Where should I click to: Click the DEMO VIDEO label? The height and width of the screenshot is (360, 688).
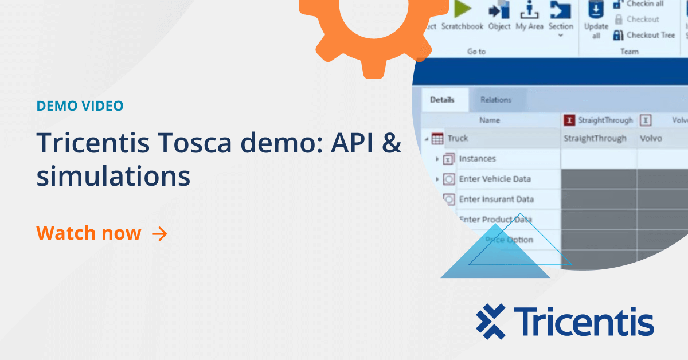coord(80,106)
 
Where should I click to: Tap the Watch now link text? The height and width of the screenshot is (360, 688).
coord(89,233)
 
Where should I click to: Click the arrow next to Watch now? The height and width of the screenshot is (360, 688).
coord(159,234)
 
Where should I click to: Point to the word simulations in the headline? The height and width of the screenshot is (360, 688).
coord(114,177)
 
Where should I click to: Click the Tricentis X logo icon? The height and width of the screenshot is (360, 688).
coord(491,322)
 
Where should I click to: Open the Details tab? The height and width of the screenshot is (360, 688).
coord(442,100)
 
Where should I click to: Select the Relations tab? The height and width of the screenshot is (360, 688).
coord(496,100)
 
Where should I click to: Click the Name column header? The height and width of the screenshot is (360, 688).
coord(490,120)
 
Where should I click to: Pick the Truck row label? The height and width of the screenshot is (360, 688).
coord(458,138)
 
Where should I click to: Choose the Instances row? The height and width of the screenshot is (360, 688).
coord(477,159)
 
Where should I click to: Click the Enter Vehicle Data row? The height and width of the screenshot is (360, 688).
coord(494,179)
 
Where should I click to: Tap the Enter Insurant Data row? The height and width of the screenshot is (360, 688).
coord(496,199)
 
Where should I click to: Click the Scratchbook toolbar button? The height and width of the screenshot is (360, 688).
coord(462,17)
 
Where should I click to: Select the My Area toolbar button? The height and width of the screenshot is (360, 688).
coord(529,17)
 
